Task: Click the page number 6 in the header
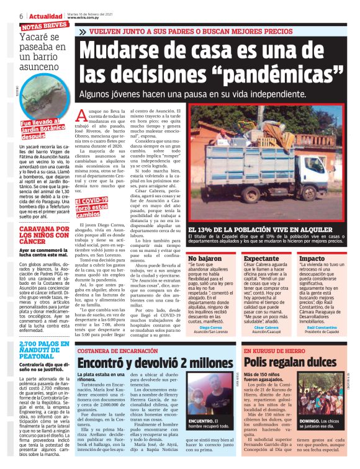click(x=21, y=15)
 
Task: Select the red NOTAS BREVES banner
click(x=45, y=25)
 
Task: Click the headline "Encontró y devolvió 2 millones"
click(x=155, y=363)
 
